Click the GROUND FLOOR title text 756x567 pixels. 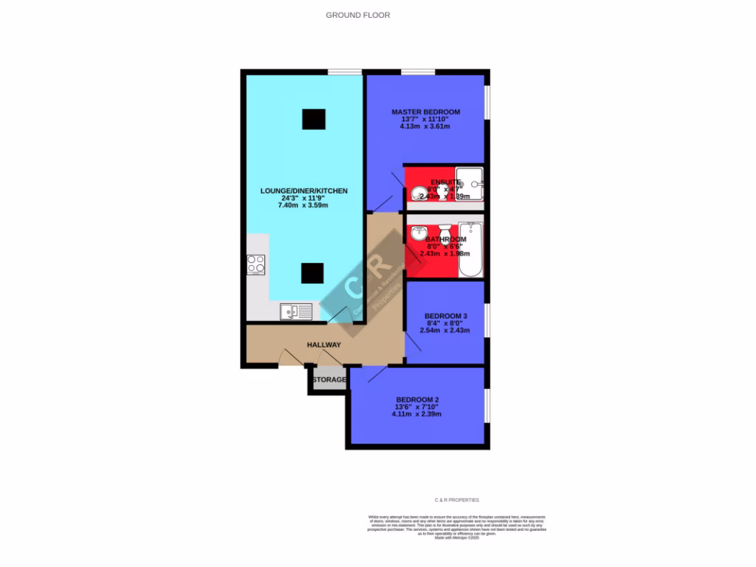(358, 15)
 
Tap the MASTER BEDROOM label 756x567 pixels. (425, 112)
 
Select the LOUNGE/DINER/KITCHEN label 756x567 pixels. (303, 191)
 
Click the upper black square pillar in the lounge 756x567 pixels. (313, 119)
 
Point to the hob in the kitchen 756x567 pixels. (256, 264)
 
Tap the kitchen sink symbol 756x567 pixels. (296, 312)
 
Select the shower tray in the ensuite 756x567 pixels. (470, 184)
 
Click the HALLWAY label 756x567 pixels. (324, 345)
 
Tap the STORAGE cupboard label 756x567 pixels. (329, 379)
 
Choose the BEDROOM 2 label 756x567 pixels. (417, 399)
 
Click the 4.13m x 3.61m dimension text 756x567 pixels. (425, 126)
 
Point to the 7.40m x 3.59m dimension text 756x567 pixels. (303, 205)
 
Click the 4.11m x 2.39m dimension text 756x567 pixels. (417, 414)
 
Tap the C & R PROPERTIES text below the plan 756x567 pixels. (457, 500)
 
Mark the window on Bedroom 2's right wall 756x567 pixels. (487, 405)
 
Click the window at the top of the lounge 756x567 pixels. (345, 72)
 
